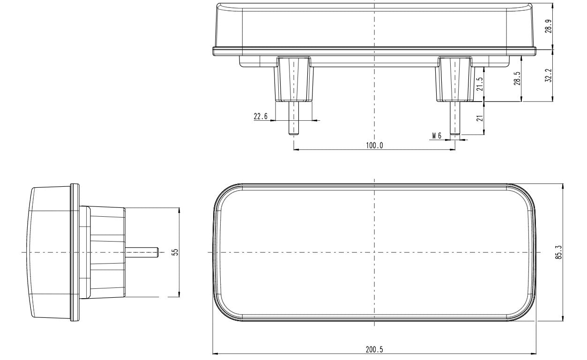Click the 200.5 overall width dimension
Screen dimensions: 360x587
click(374, 349)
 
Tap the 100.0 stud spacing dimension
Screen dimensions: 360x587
click(374, 146)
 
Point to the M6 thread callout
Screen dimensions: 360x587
click(437, 136)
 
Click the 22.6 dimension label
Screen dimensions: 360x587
click(260, 117)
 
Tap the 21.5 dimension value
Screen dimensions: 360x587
click(479, 84)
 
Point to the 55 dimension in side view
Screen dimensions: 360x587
click(175, 252)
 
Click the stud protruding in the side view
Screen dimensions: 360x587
click(142, 252)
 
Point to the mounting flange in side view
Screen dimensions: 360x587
click(74, 252)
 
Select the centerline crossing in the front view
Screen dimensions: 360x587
click(374, 252)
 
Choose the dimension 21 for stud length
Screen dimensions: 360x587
click(479, 118)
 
